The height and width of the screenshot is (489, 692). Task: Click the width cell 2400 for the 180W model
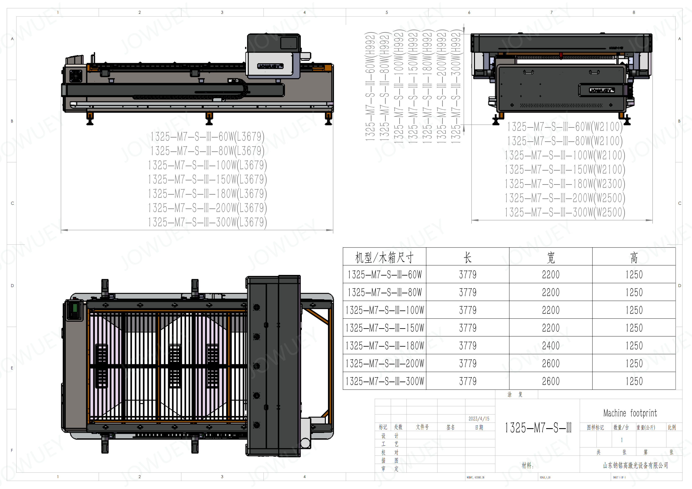pos(551,346)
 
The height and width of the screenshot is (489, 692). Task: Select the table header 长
pos(467,257)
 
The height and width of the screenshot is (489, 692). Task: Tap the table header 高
pos(634,257)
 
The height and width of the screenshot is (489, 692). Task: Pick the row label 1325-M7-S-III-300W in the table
pos(385,381)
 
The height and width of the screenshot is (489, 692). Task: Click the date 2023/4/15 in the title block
pos(479,419)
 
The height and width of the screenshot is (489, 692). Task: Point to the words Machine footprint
pos(630,413)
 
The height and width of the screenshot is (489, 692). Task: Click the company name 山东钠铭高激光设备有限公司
pos(635,466)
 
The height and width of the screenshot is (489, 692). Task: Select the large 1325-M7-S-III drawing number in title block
pos(538,428)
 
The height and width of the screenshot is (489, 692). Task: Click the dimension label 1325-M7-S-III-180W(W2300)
pos(565,184)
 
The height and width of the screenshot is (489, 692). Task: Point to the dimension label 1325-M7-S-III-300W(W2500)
pos(565,212)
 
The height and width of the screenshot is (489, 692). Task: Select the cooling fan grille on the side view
pos(76,76)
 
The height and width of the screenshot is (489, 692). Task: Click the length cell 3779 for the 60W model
pos(467,275)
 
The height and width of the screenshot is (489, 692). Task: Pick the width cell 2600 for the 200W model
pos(551,363)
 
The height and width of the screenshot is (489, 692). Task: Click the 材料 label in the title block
pos(528,466)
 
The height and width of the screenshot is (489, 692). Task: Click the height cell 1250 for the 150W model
pos(634,328)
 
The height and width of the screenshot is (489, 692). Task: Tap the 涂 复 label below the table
pos(515,395)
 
